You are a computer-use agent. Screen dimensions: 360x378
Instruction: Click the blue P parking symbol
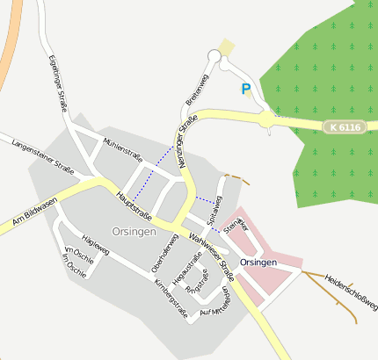pyautogui.click(x=246, y=89)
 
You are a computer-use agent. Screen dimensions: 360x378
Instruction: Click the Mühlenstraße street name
pyautogui.click(x=123, y=146)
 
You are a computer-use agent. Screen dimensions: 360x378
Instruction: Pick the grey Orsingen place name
pyautogui.click(x=134, y=232)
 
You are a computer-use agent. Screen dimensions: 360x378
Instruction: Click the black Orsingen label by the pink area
pyautogui.click(x=258, y=263)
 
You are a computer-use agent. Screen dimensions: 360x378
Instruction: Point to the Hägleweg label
pyautogui.click(x=95, y=243)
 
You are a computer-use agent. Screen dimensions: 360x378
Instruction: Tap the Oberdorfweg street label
pyautogui.click(x=160, y=253)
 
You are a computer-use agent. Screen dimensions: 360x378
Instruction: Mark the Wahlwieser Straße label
pyautogui.click(x=212, y=249)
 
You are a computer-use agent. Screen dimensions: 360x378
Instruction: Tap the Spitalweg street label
pyautogui.click(x=214, y=209)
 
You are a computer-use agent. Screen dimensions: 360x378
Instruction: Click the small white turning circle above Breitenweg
pyautogui.click(x=214, y=56)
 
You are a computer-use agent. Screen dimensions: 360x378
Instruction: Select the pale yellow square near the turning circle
pyautogui.click(x=227, y=47)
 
